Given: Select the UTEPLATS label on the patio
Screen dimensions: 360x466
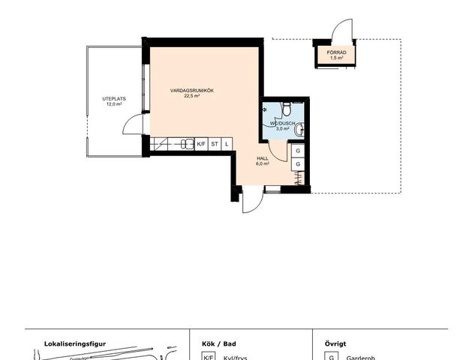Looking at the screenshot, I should pos(114,99).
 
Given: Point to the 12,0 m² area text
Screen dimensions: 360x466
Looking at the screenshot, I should pos(114,105).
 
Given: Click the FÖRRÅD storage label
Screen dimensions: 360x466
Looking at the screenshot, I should pos(337,52).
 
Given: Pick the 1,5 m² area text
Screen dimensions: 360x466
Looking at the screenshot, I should pos(337,58).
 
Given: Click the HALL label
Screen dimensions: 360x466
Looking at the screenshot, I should pos(263,158).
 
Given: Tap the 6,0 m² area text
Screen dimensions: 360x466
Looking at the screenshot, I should pos(263,164).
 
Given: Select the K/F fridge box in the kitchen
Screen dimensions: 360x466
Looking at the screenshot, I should pos(201,143).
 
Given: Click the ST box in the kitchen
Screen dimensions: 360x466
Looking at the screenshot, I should pos(215,143).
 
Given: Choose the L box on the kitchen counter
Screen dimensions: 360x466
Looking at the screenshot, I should pos(226,143).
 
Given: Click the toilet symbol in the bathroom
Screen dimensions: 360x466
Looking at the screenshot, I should pos(286,111).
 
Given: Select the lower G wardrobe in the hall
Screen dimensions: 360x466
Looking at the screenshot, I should pos(299,164).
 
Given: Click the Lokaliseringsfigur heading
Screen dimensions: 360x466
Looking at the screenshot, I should pos(75,343).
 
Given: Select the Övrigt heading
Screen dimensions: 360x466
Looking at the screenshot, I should pos(335,343).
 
